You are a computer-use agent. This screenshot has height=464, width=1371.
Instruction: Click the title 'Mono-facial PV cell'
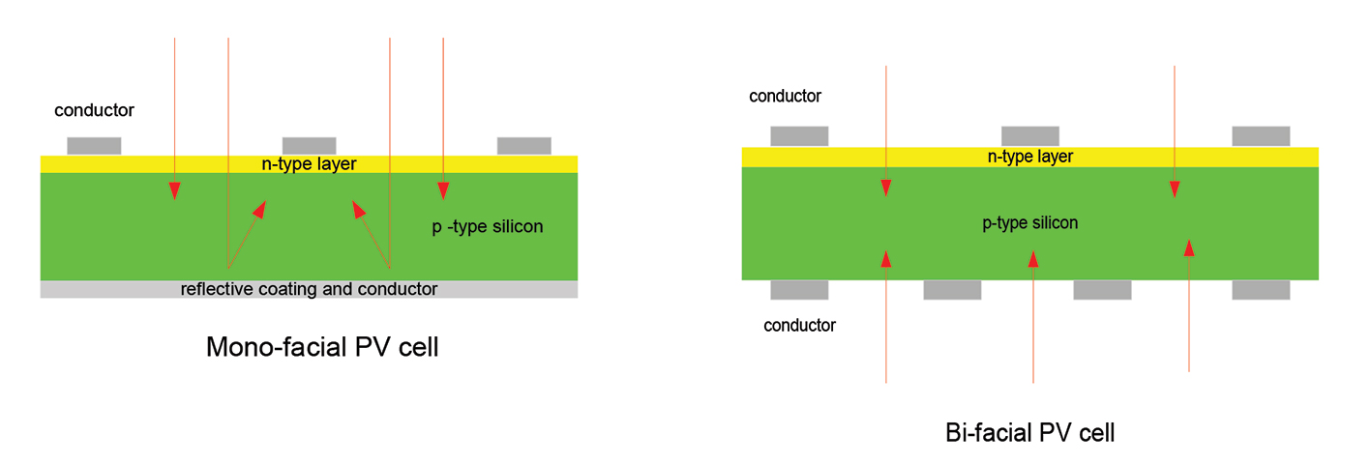click(322, 347)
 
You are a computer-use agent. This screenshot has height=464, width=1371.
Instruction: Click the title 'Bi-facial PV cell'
click(1029, 432)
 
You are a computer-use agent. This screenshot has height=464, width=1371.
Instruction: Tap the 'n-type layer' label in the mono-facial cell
click(310, 164)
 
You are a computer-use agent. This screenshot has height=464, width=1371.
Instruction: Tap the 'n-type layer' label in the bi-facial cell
click(1029, 157)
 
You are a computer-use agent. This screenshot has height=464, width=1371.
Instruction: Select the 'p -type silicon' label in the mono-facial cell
click(487, 227)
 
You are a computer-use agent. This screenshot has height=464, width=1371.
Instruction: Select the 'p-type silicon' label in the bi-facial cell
click(1029, 223)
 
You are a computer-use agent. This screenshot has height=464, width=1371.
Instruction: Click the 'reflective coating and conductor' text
click(309, 289)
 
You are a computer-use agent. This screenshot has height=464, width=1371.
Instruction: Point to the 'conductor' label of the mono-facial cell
click(94, 110)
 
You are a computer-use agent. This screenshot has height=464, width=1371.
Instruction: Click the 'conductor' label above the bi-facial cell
click(785, 96)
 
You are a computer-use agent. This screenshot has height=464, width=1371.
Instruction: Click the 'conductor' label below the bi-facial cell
click(799, 325)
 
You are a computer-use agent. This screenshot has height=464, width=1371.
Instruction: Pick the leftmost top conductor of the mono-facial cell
click(94, 146)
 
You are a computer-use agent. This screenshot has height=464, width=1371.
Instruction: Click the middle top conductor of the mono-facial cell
click(309, 146)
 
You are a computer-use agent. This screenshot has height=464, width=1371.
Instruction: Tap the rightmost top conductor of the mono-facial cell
click(523, 146)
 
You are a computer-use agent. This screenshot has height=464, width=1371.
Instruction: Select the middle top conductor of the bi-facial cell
click(1029, 136)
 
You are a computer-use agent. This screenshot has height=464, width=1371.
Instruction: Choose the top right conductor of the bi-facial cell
click(1261, 136)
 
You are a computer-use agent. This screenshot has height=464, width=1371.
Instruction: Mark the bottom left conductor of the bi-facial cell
click(799, 290)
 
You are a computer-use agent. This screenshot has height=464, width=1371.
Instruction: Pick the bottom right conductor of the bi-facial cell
click(1261, 290)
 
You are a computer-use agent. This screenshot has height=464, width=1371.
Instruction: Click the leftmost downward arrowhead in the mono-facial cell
click(175, 190)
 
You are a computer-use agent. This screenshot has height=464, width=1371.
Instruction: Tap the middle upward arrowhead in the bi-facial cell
click(1033, 258)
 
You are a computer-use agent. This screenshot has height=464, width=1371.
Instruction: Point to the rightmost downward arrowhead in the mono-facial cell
click(443, 190)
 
